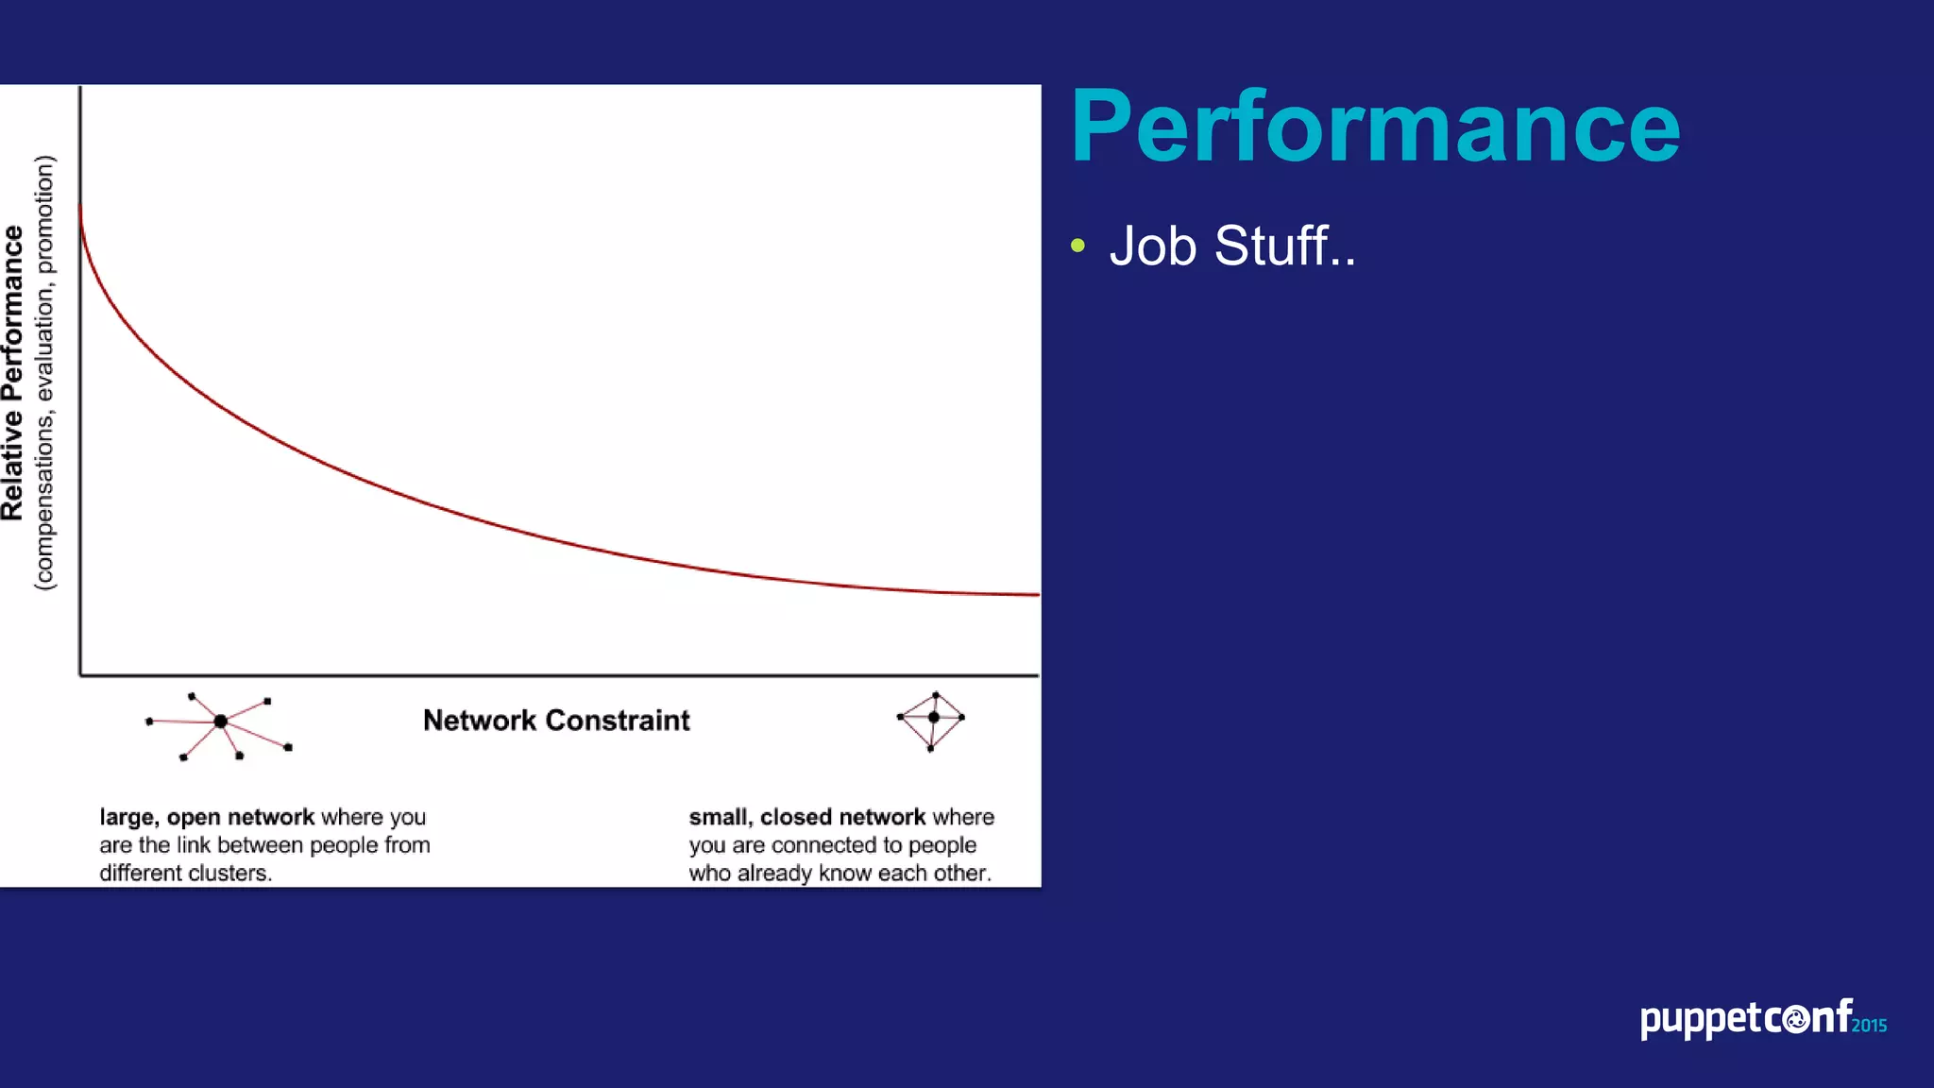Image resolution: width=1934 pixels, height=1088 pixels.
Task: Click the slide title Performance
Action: click(x=1375, y=127)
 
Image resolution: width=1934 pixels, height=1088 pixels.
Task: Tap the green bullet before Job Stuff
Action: click(x=1078, y=246)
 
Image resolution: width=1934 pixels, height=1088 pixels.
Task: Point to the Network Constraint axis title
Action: click(x=556, y=721)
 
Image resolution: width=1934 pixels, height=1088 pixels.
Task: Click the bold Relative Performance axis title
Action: click(x=13, y=373)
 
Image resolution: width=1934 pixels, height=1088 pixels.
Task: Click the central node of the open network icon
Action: click(x=220, y=722)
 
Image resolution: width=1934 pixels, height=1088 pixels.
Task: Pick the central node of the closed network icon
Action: click(x=933, y=718)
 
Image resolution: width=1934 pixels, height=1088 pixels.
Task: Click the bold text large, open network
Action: click(x=207, y=817)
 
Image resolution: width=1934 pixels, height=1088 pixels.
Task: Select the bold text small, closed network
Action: click(x=806, y=817)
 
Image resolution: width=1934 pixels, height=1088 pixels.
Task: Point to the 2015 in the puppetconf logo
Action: click(x=1869, y=1026)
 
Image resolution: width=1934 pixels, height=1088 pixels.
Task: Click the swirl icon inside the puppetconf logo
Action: click(x=1797, y=1020)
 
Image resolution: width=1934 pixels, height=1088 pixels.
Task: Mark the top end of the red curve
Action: click(x=80, y=206)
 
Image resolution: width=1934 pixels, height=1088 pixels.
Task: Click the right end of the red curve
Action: click(x=1037, y=595)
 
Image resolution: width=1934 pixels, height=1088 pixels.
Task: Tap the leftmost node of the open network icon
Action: click(x=149, y=722)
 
